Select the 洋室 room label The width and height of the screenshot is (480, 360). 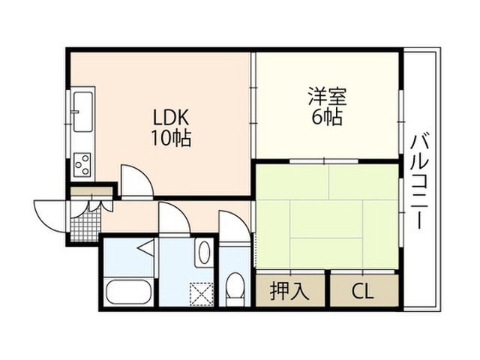[x=325, y=97]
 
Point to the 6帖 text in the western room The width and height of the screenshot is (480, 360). [x=325, y=117]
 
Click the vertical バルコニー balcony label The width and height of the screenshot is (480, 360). [x=420, y=180]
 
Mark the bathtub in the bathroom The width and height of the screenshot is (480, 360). [x=129, y=291]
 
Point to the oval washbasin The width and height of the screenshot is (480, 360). [x=202, y=253]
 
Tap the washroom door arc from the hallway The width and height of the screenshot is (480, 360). [x=174, y=220]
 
